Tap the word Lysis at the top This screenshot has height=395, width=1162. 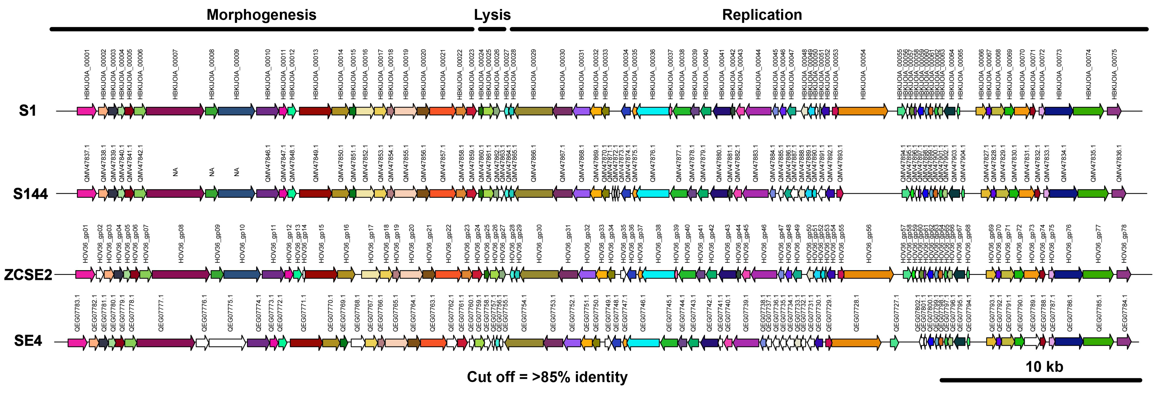pos(492,15)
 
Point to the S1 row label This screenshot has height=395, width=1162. pos(28,111)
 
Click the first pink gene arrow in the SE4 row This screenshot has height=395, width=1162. pos(77,343)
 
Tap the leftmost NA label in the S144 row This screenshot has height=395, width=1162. pos(175,172)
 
